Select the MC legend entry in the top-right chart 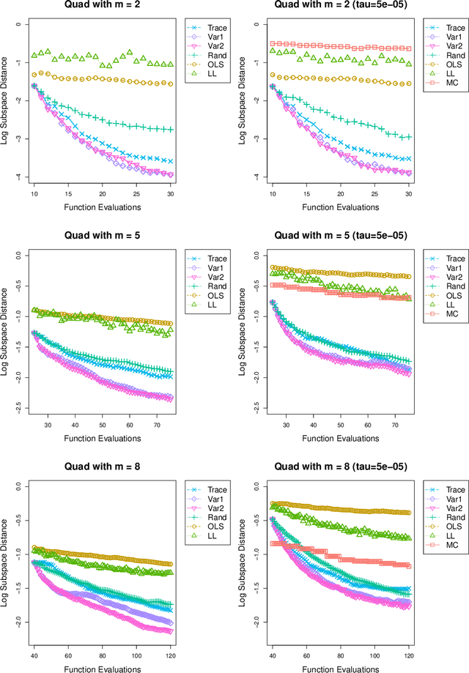pyautogui.click(x=445, y=84)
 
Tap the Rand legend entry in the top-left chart pyautogui.click(x=207, y=54)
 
